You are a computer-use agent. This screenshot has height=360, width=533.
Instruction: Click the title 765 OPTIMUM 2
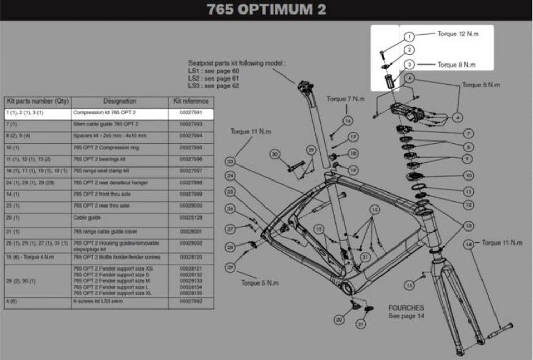pyautogui.click(x=266, y=10)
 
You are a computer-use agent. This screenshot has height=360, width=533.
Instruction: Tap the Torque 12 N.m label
pyautogui.click(x=458, y=34)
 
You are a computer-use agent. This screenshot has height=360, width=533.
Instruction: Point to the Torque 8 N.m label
pyautogui.click(x=456, y=65)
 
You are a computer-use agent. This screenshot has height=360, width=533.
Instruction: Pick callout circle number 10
pyautogui.click(x=468, y=176)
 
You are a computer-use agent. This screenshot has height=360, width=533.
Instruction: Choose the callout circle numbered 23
pyautogui.click(x=231, y=162)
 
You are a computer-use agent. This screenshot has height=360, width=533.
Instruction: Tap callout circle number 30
pyautogui.click(x=275, y=154)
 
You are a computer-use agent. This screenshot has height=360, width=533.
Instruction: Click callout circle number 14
pyautogui.click(x=469, y=243)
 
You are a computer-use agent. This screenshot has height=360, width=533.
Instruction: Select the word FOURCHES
pyautogui.click(x=406, y=308)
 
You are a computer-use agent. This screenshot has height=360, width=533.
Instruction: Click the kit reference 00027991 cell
pyautogui.click(x=191, y=113)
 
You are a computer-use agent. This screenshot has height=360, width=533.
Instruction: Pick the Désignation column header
pyautogui.click(x=119, y=101)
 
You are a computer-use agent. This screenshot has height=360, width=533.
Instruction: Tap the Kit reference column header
pyautogui.click(x=191, y=101)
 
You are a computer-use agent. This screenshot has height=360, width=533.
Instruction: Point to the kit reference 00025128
pyautogui.click(x=191, y=217)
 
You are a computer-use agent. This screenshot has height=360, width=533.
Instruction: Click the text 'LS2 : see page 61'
pyautogui.click(x=213, y=78)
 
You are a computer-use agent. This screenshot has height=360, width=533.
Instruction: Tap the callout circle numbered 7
pyautogui.click(x=468, y=133)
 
